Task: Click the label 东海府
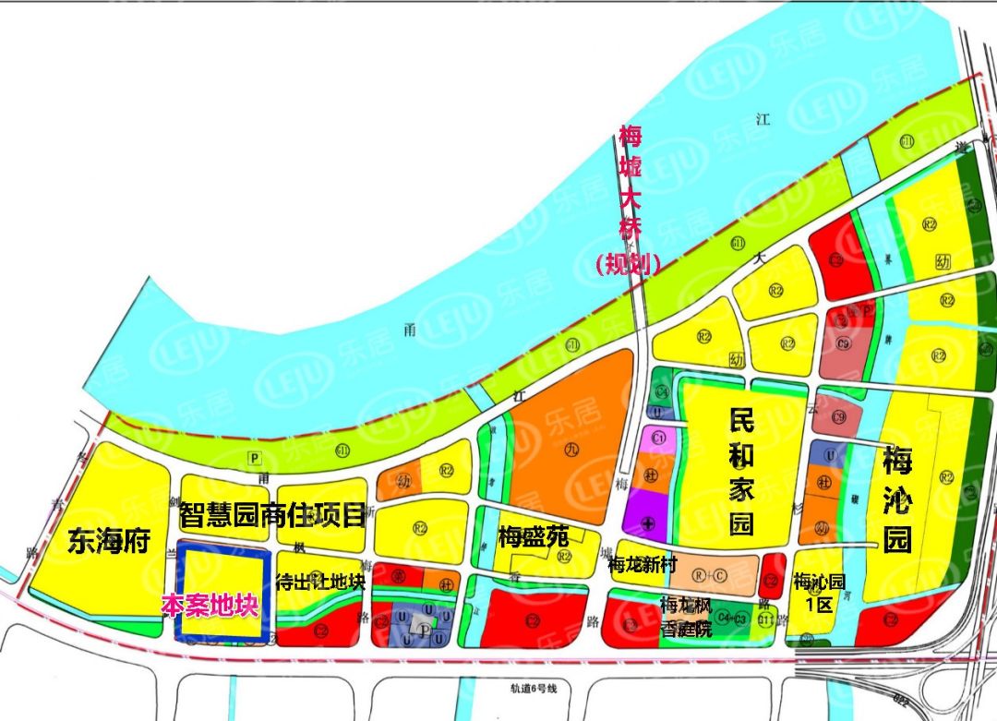click(x=108, y=541)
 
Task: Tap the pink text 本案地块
click(x=210, y=605)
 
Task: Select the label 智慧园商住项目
click(x=273, y=514)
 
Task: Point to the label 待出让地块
click(x=320, y=582)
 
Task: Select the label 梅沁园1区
click(x=819, y=592)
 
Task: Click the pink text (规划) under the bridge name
click(x=629, y=264)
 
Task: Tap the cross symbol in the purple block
click(x=649, y=524)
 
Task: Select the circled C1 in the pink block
click(x=659, y=437)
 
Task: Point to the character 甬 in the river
click(x=409, y=326)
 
